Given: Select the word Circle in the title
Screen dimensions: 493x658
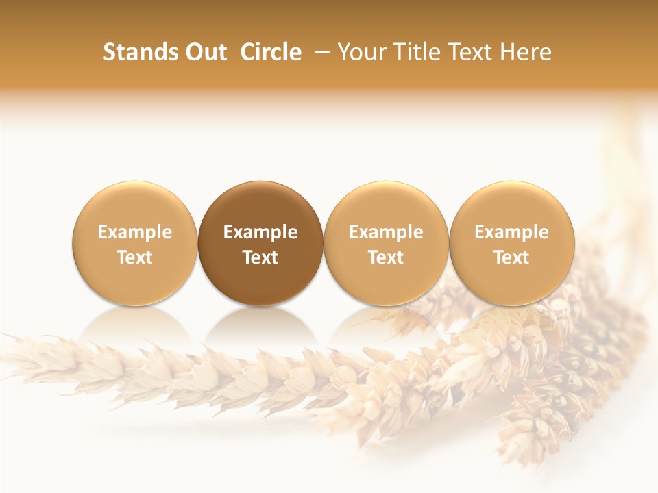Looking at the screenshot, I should pos(271,52).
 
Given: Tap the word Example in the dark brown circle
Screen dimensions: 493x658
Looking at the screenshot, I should pos(260,232).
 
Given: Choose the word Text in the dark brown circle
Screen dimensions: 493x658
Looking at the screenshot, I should pos(260,257).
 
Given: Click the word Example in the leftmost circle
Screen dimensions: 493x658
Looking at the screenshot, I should pos(135,232).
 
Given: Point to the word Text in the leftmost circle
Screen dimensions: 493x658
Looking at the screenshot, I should pos(135,257).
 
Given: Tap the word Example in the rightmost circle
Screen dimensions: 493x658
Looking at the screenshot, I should pos(511,232).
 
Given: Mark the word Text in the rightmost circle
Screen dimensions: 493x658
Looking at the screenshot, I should pos(511,257).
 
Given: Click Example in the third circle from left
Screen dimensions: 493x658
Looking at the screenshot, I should pos(386,232).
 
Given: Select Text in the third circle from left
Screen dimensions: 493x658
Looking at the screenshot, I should pos(386,257).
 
